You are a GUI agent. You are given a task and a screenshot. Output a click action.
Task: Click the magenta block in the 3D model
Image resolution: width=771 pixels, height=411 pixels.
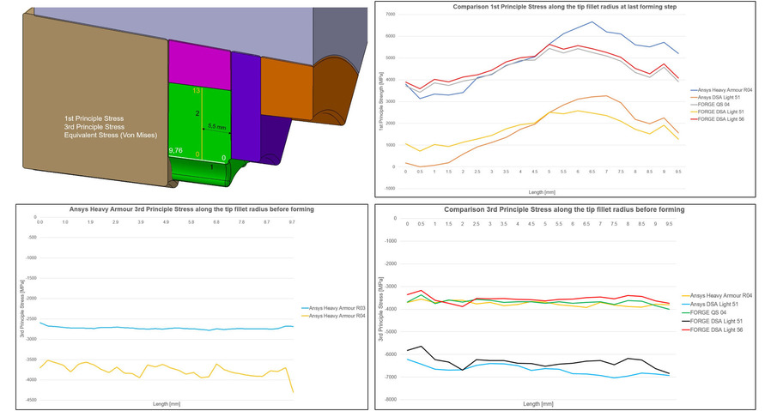click(198, 62)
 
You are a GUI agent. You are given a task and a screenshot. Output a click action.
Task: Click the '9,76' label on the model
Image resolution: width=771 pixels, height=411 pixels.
click(177, 150)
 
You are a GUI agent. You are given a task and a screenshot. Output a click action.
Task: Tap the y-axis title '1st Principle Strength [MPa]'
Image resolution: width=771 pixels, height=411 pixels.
click(378, 101)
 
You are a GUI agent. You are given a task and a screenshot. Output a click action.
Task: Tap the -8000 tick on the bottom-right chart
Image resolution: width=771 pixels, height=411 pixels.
click(391, 399)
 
